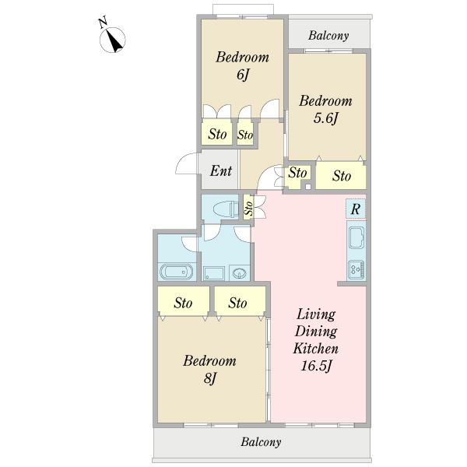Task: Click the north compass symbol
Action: pos(112,40)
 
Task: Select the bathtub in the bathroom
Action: pos(177,272)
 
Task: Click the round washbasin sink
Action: pos(239,273)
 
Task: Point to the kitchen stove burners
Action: pos(356,270)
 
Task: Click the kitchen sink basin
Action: pos(356,237)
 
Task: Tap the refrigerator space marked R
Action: pos(356,209)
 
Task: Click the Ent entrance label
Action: pos(221,171)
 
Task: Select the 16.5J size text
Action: pos(316,366)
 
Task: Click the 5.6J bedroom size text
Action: pos(326,118)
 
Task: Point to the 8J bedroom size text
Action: pos(210,378)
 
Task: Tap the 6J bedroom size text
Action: pos(242,75)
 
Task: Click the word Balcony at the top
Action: pos(328,36)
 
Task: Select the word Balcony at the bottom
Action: pos(261,442)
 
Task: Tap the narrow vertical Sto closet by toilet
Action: pos(248,207)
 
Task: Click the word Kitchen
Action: pos(316,349)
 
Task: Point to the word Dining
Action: pos(316,332)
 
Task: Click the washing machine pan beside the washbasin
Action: pos(214,273)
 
